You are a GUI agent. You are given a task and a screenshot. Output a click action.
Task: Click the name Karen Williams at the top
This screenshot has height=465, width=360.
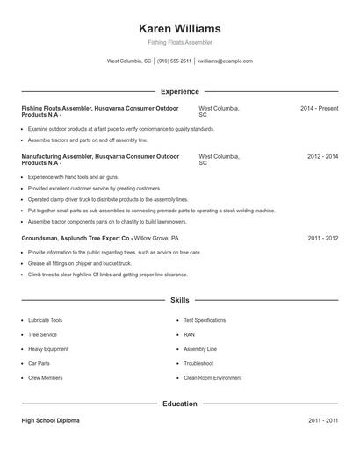coord(179,28)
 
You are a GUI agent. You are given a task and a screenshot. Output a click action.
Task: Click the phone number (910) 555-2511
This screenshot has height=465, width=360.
coord(175,61)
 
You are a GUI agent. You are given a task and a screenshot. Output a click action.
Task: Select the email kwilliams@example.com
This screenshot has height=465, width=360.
coord(225,61)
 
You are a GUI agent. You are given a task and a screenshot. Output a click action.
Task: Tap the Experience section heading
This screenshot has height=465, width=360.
coord(179,91)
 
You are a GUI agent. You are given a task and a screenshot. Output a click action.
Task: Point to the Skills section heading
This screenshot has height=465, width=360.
coord(179,300)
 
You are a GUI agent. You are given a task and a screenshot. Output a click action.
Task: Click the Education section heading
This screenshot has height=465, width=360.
coord(179,404)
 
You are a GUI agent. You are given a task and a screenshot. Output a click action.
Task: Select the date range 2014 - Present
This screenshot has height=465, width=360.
coord(319,108)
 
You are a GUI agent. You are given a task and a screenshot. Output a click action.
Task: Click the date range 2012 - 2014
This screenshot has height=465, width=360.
coord(322,156)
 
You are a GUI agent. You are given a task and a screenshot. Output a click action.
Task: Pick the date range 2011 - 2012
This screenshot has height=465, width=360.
coord(322,238)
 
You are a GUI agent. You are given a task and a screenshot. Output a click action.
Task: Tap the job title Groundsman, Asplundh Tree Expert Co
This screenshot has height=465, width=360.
coord(76,238)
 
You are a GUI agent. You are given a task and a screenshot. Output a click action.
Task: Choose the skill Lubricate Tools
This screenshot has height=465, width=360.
coord(45,320)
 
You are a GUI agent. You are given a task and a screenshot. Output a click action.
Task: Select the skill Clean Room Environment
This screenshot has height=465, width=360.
coord(212,377)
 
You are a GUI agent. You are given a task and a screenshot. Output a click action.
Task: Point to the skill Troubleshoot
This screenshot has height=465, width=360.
coord(198,363)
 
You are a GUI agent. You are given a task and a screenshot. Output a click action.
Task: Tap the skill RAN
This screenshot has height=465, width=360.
coord(189,334)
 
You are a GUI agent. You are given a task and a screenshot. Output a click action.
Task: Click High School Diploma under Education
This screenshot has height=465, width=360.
coord(50,420)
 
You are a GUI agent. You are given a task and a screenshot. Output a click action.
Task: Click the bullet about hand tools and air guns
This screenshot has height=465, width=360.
coord(70,177)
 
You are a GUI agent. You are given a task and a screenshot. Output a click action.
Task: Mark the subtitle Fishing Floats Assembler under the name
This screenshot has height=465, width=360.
coord(179,42)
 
